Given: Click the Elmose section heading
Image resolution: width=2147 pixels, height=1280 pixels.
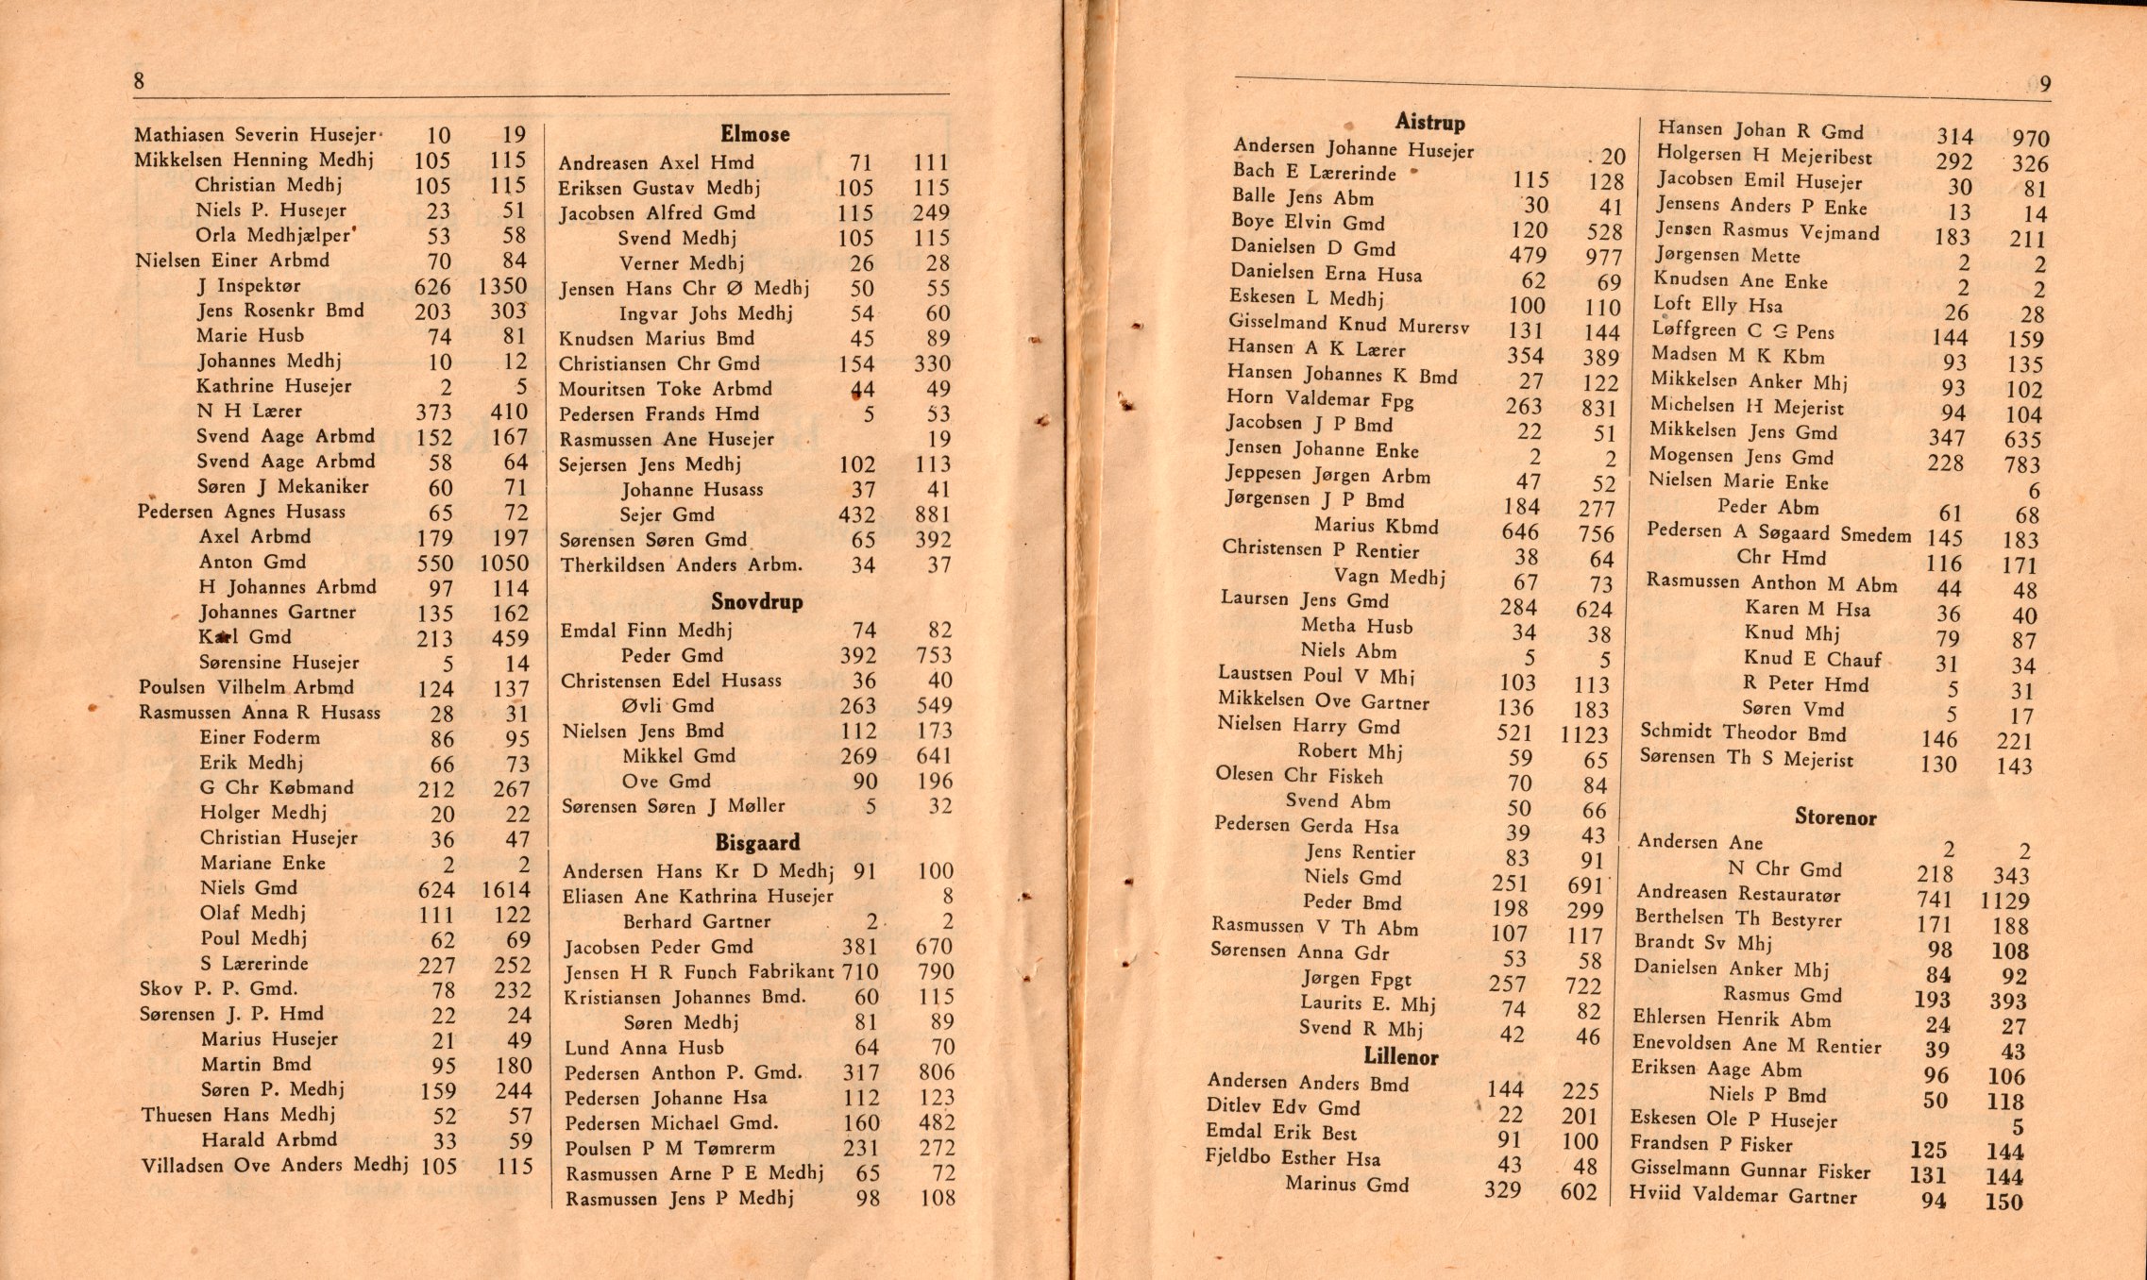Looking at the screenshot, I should (754, 134).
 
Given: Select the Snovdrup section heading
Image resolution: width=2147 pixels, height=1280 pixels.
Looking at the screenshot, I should (756, 601).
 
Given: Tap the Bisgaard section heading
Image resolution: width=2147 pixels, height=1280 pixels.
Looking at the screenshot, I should (757, 842).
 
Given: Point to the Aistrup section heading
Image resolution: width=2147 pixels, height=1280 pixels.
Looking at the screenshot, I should (1429, 122).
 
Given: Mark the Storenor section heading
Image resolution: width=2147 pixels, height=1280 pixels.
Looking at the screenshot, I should (1834, 817).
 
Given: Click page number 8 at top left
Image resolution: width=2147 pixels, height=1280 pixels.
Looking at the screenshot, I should (139, 80).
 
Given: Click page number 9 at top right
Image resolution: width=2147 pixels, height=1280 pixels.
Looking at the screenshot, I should (2044, 84).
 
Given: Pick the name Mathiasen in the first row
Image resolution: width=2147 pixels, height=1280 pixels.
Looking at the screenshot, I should (181, 135).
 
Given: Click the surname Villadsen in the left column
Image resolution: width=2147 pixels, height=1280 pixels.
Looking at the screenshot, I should (183, 1166).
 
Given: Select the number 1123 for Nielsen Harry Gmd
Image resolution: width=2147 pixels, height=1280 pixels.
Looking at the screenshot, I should (1583, 733).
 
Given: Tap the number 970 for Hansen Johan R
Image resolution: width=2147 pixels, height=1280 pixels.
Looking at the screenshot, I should (2030, 138).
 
